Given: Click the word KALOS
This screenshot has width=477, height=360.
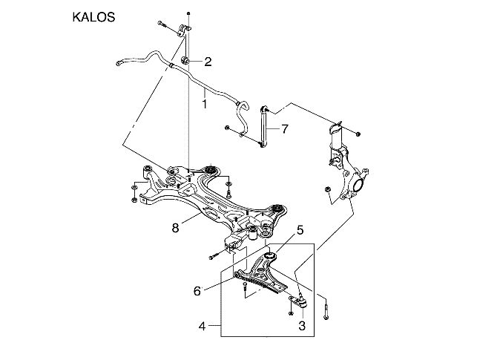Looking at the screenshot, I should (x=93, y=16).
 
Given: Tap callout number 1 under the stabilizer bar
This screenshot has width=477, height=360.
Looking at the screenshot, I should (x=204, y=105).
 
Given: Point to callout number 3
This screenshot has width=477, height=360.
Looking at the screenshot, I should (x=302, y=325).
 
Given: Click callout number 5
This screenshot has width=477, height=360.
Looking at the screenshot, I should (x=300, y=231).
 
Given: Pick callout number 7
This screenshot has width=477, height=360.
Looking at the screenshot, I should (x=284, y=128).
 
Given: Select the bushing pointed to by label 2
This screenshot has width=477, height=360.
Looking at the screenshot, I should (x=185, y=59).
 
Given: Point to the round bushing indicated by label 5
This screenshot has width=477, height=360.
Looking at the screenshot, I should (x=270, y=256).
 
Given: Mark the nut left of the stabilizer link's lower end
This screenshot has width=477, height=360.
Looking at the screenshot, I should (x=226, y=129).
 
